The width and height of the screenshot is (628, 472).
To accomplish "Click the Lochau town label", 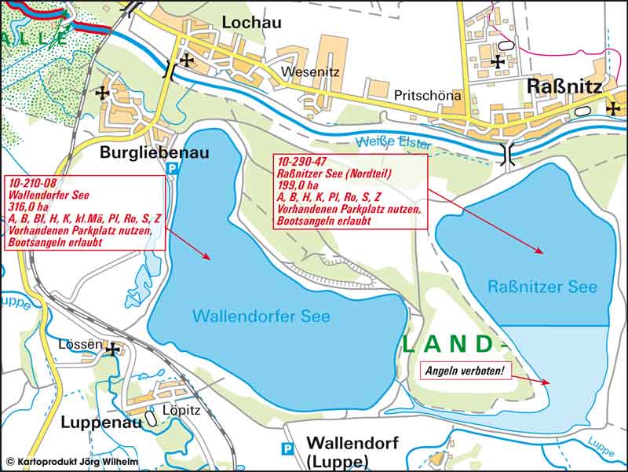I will pyautogui.click(x=251, y=22).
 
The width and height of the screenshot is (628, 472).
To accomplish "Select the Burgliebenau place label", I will pyautogui.click(x=155, y=152).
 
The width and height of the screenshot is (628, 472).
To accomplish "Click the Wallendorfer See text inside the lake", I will pyautogui.click(x=261, y=316).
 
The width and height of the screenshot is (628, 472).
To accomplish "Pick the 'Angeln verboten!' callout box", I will pyautogui.click(x=463, y=370).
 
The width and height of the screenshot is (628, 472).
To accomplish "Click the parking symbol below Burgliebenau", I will pyautogui.click(x=172, y=168).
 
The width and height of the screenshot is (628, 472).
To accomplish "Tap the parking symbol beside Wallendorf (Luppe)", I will pyautogui.click(x=288, y=449).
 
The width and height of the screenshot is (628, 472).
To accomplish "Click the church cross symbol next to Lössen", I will pyautogui.click(x=113, y=349).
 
